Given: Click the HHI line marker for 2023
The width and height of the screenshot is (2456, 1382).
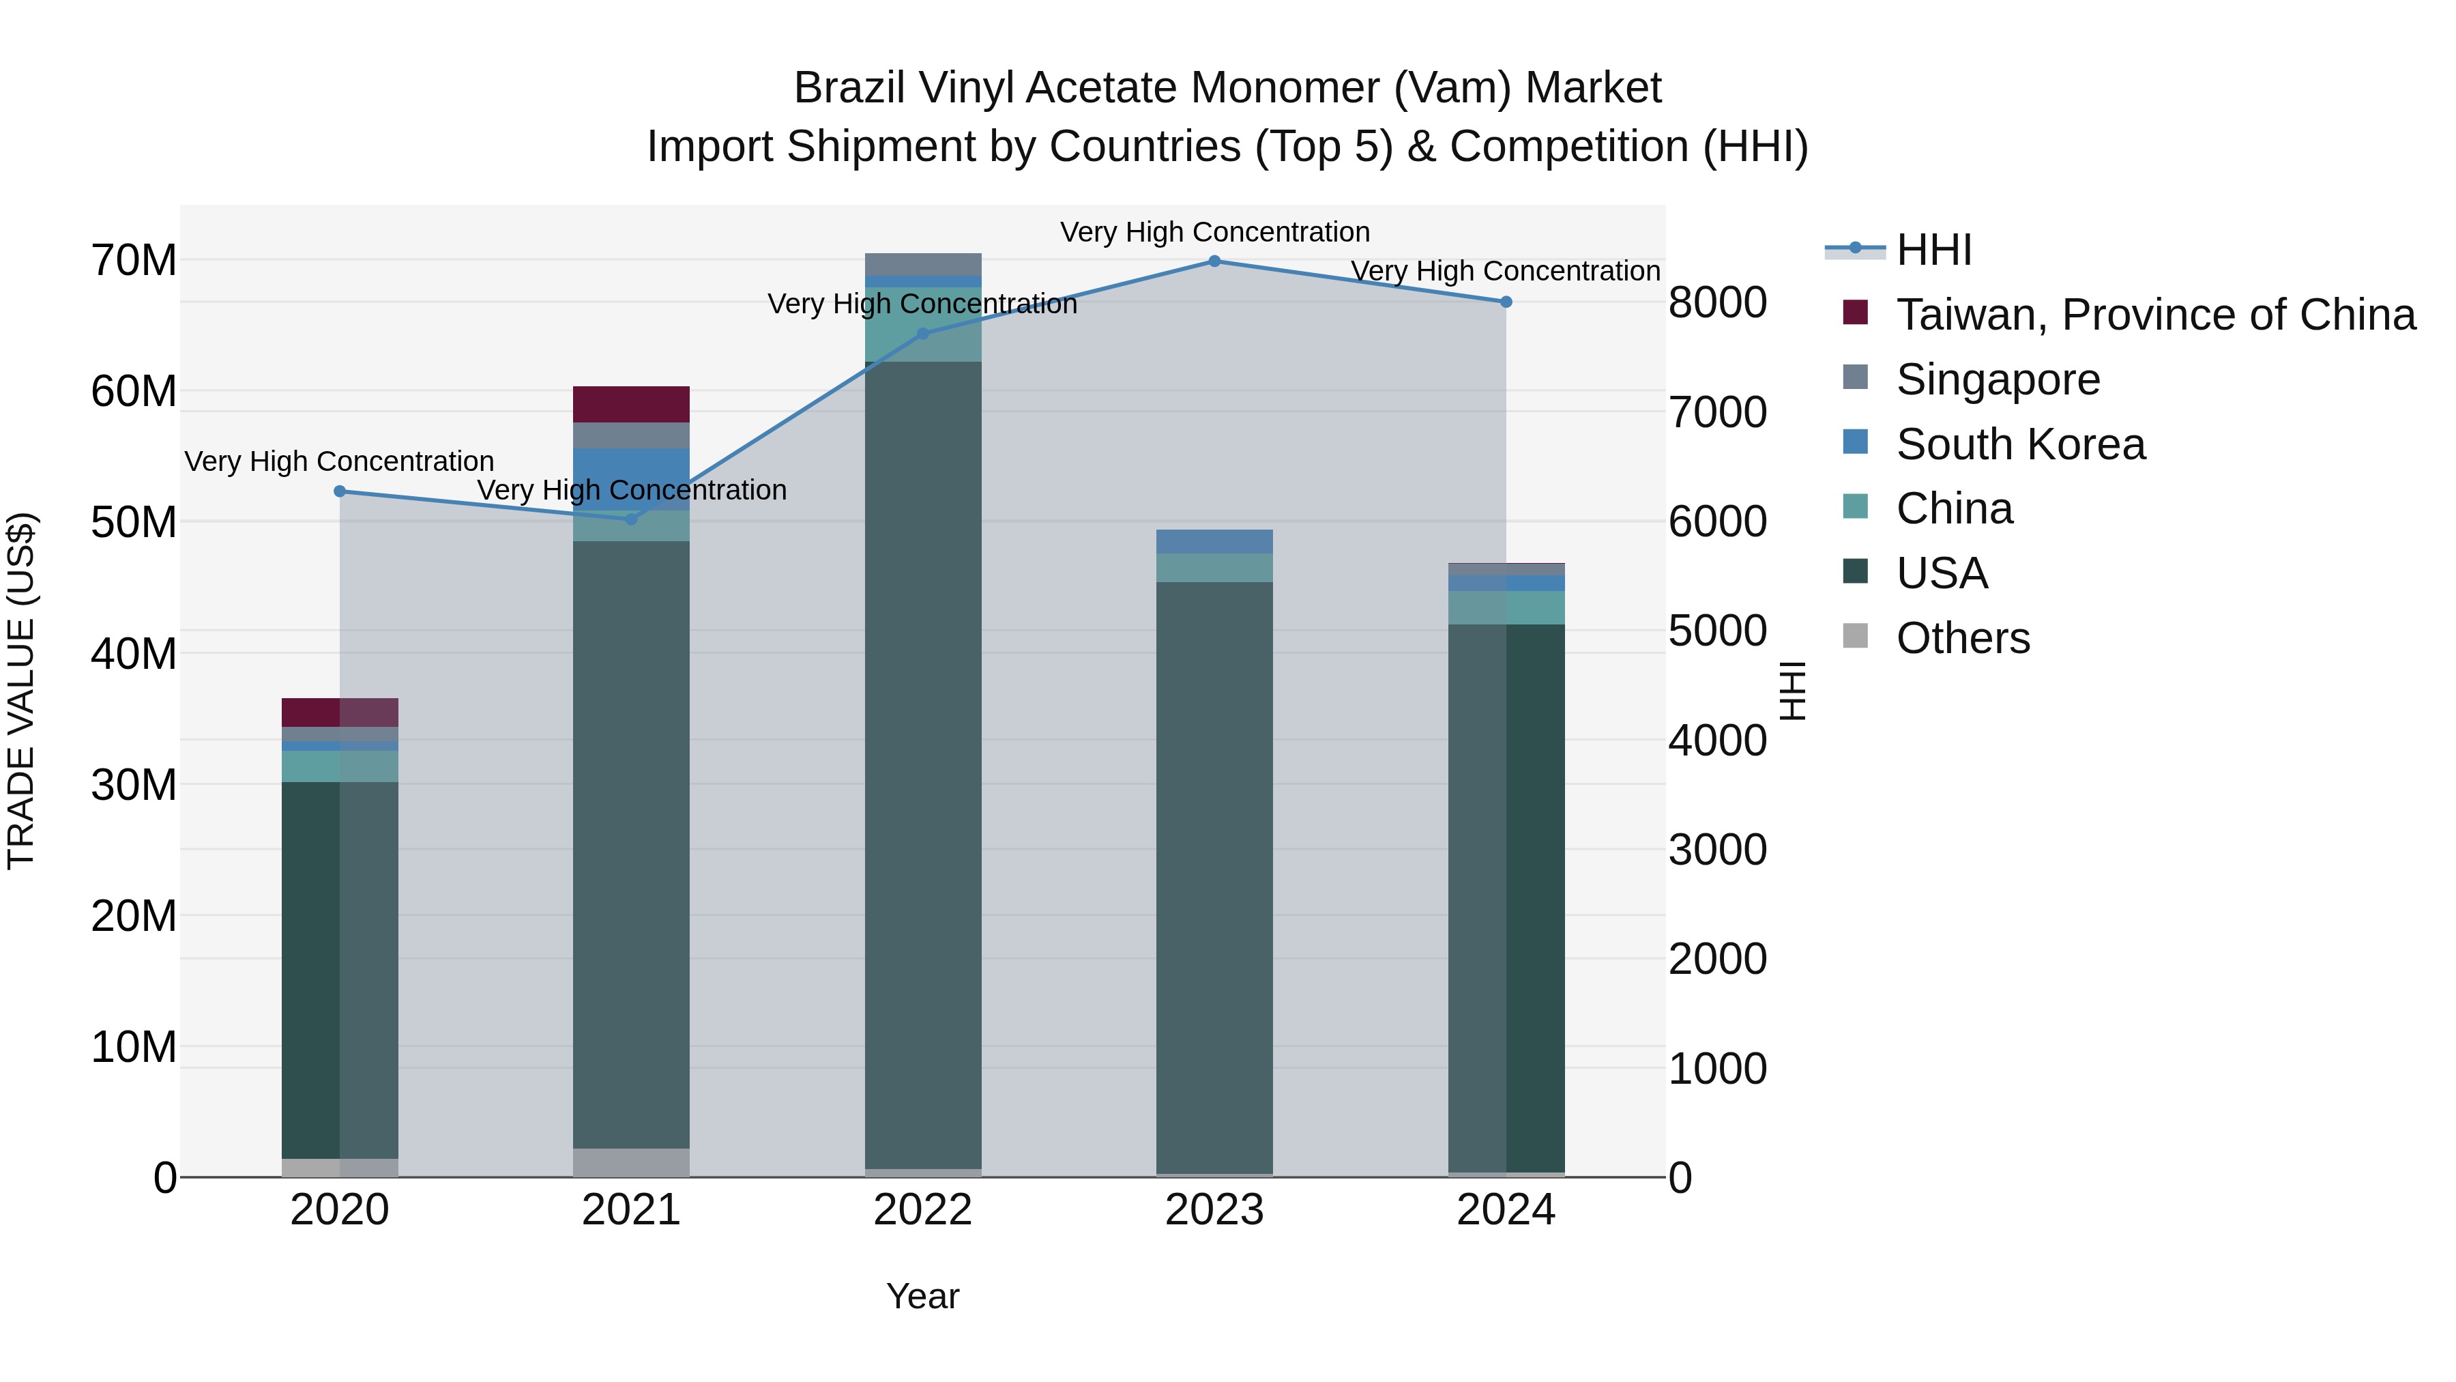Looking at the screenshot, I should [1214, 261].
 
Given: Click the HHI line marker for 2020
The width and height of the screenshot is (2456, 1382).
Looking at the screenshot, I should [340, 491].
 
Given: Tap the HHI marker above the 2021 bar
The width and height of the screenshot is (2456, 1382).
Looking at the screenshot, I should [631, 519].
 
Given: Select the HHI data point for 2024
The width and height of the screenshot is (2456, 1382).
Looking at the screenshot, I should [1506, 302].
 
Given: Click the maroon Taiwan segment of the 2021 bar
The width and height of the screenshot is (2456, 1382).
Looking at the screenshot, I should [631, 405].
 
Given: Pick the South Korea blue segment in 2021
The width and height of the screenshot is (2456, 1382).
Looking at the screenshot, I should [631, 479].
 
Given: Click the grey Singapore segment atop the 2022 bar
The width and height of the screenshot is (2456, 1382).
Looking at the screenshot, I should [923, 264].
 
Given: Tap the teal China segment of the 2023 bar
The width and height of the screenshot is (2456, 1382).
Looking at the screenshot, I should [1214, 568].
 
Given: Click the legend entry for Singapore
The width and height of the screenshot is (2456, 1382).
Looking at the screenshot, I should [1998, 379].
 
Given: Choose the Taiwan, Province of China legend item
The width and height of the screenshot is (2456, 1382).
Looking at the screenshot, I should [2154, 315].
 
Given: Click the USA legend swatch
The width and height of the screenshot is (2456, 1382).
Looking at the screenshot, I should [1856, 573].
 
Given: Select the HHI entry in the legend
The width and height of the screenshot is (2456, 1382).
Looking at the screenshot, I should [1933, 250].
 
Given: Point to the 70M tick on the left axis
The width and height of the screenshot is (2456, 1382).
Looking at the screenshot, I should [134, 261].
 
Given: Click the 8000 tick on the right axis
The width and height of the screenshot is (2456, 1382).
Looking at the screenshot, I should [1717, 302].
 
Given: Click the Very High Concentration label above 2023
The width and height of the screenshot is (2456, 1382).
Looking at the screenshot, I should [1214, 232].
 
